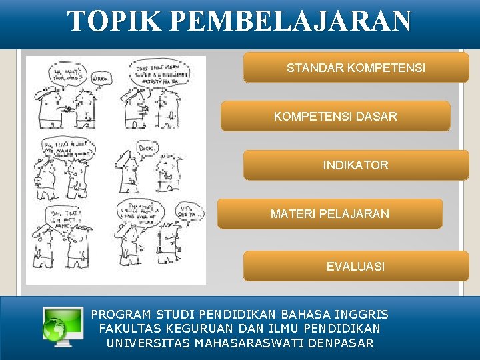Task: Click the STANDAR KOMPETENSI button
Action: tap(356, 68)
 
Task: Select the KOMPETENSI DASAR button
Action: tap(335, 117)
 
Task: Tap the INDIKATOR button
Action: tap(355, 165)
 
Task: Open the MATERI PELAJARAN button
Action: tap(330, 214)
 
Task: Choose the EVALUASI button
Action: tap(355, 266)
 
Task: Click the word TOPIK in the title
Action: tap(114, 21)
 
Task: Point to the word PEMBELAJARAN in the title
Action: tap(290, 21)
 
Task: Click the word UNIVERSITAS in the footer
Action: tap(148, 343)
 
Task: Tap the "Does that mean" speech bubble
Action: tap(159, 71)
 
